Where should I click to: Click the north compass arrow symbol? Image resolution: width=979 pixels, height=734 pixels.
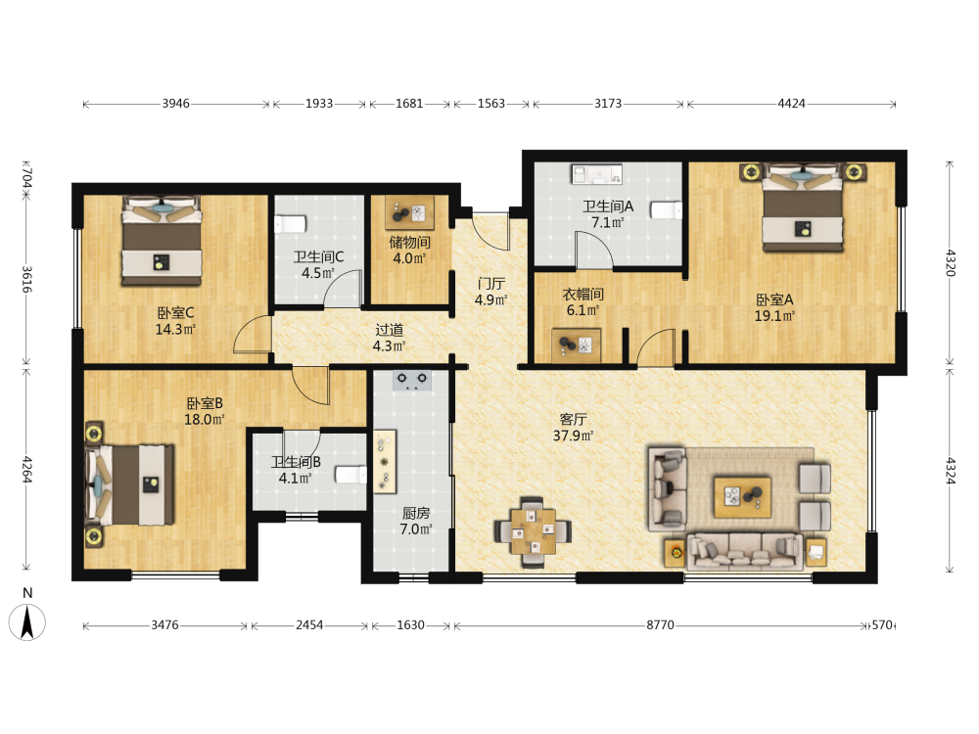(26, 622)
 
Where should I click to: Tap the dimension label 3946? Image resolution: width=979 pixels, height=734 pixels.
(175, 104)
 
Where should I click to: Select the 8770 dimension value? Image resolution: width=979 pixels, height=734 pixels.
(660, 624)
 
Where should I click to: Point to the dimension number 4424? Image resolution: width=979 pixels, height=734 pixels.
(791, 104)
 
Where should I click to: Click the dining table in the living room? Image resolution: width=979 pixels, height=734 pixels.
(532, 531)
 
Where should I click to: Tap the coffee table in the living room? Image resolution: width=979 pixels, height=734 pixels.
(742, 497)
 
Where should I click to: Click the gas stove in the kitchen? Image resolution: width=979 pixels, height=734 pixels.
(412, 380)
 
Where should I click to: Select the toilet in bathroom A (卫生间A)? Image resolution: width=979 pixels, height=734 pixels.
(666, 209)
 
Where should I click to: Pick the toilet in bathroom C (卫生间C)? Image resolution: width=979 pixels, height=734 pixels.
(291, 224)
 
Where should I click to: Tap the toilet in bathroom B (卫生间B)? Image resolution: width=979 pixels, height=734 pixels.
(350, 475)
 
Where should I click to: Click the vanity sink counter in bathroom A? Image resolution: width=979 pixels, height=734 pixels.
(597, 174)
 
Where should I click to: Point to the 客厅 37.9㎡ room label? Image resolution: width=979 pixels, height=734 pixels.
(573, 427)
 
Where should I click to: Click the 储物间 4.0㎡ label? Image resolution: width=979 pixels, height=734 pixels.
(409, 250)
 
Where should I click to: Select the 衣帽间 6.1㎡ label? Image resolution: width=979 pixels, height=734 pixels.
(583, 302)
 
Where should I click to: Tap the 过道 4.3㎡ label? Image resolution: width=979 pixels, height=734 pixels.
(389, 337)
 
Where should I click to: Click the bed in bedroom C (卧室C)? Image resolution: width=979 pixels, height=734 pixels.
(162, 241)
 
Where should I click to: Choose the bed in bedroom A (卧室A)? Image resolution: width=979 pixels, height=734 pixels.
(803, 207)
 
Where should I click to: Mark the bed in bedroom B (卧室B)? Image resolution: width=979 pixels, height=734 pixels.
(130, 484)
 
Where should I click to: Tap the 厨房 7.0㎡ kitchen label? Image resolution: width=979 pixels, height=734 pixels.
(416, 522)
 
